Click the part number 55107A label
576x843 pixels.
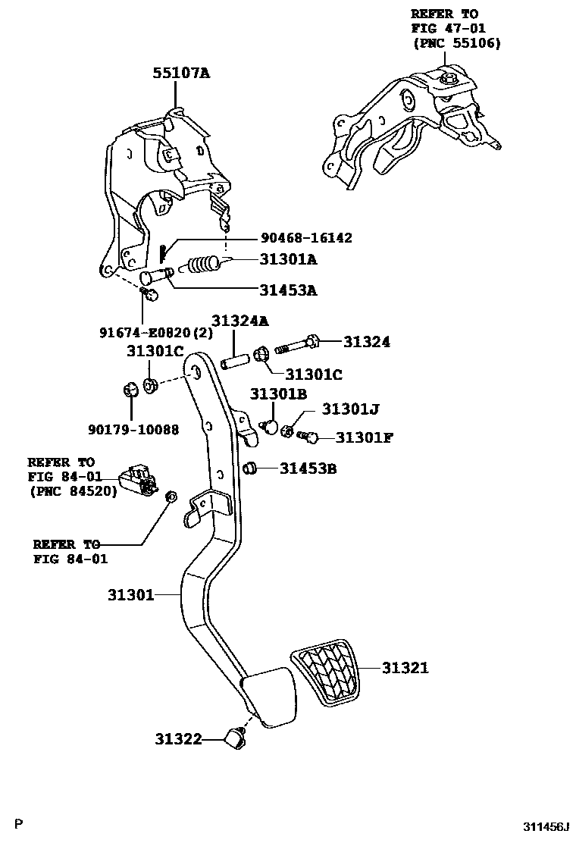181,73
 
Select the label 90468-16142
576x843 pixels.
305,238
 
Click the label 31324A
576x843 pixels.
239,321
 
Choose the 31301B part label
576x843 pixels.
278,393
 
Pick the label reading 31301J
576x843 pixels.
350,409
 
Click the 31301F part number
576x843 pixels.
364,437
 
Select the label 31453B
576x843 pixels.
308,469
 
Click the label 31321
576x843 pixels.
405,668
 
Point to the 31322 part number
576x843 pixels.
180,738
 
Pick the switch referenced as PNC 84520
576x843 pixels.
137,480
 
